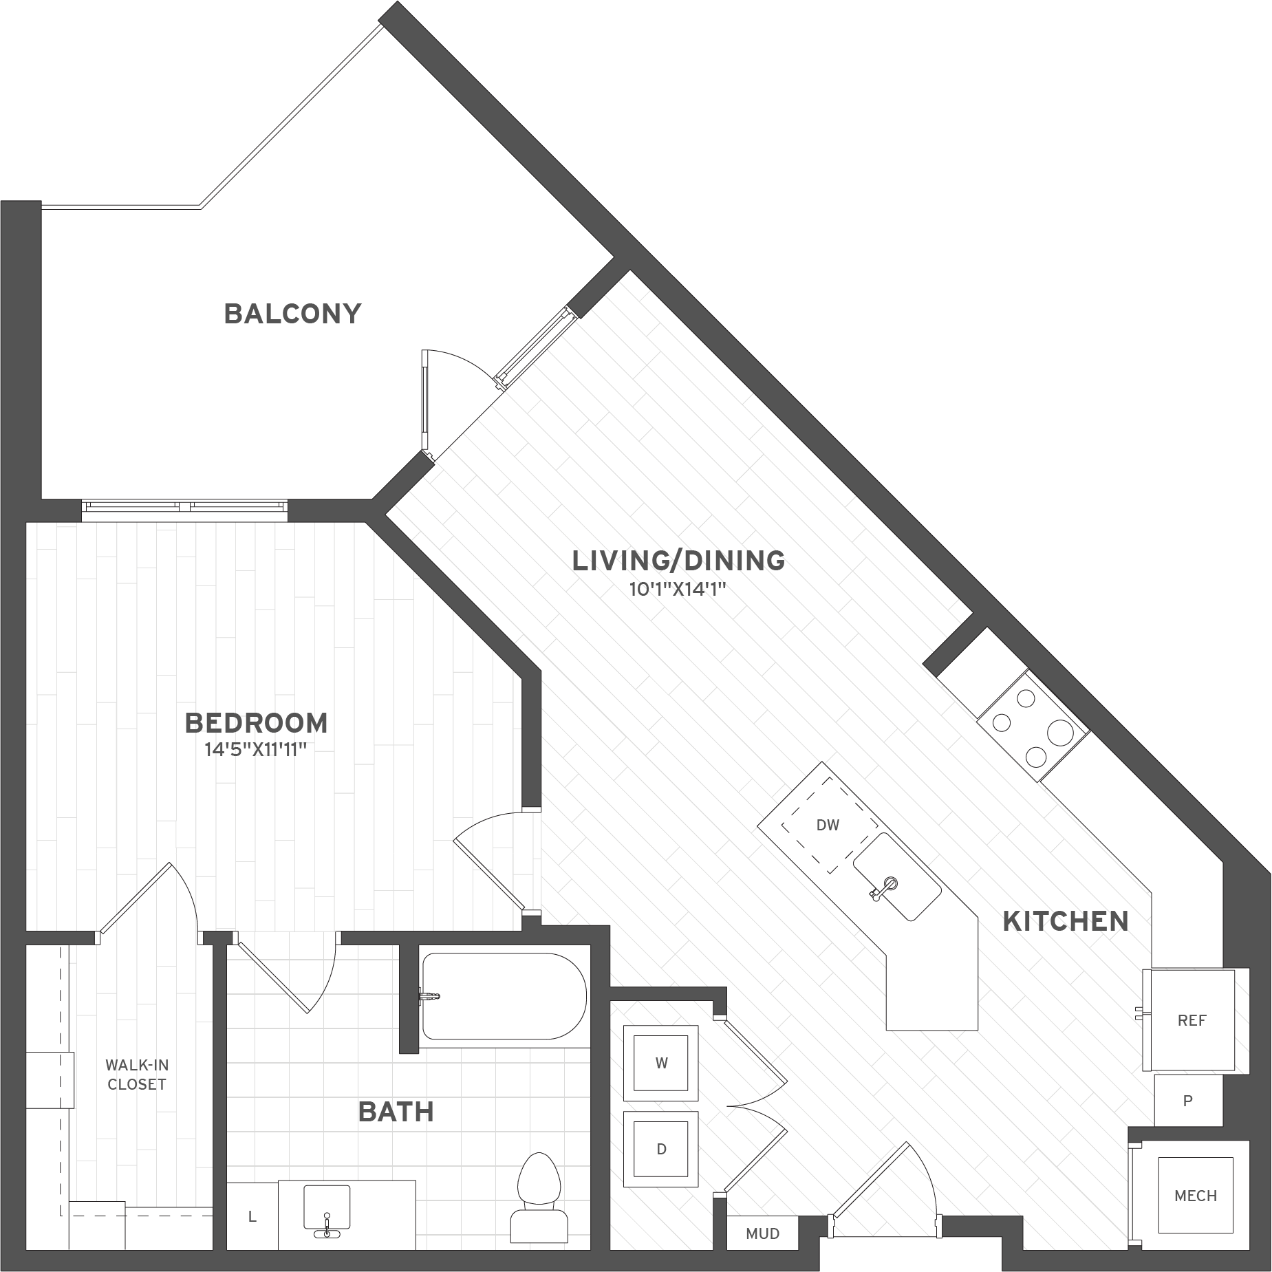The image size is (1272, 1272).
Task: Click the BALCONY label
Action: tap(292, 314)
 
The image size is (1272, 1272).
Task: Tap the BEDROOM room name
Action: tap(257, 723)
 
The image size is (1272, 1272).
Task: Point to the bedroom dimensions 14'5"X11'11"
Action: tap(255, 750)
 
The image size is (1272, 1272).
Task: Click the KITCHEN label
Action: tap(1066, 921)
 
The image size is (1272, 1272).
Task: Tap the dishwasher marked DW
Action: tap(829, 825)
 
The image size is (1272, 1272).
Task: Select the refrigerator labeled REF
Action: tap(1192, 1020)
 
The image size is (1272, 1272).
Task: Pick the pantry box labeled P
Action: tap(1188, 1101)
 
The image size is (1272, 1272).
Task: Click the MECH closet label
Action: tap(1196, 1196)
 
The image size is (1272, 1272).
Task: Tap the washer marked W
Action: tap(661, 1063)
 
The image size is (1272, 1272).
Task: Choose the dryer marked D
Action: tap(661, 1149)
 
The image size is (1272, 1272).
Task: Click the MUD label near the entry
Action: tap(762, 1233)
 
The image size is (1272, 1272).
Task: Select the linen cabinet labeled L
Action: tap(252, 1216)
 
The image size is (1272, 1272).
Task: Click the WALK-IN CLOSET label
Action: tap(137, 1075)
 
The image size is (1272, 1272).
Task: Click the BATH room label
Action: tap(396, 1112)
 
